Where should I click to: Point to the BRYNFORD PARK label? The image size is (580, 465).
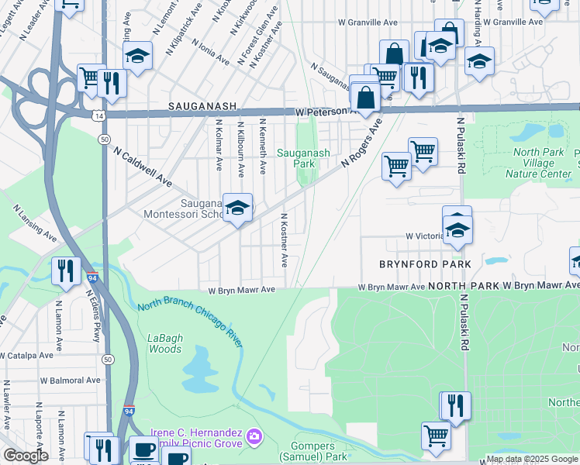(425, 264)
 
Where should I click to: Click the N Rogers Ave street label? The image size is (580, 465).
(363, 143)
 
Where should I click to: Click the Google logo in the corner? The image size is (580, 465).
(25, 456)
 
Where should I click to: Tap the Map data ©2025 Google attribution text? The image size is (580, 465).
(532, 459)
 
